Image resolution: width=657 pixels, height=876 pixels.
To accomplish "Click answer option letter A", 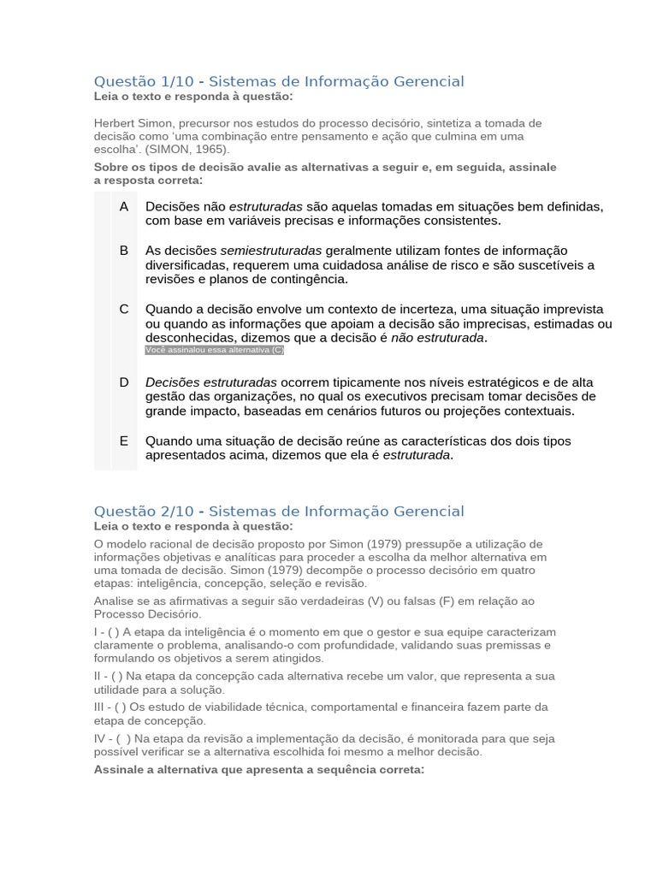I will [x=124, y=206].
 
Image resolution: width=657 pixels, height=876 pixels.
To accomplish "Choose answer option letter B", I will [x=124, y=250].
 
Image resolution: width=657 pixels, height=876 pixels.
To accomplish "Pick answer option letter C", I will [x=124, y=309].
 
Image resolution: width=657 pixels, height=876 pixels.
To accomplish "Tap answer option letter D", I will [x=124, y=382].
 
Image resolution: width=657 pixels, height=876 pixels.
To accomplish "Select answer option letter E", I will [x=124, y=441].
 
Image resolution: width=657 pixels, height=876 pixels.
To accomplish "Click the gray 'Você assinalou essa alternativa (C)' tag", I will [x=215, y=351].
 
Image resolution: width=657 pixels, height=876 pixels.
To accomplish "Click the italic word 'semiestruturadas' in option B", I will [x=271, y=251].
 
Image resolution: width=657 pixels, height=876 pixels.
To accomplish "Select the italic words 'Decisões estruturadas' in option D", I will [x=211, y=382].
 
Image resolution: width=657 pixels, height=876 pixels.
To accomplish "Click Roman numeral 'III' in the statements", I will [x=102, y=707].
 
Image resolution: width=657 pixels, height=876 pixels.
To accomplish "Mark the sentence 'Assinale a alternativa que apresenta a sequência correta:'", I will [x=259, y=770].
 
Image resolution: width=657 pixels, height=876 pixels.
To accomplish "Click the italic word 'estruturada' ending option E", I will [x=417, y=455].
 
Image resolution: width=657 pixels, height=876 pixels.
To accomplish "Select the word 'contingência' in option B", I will [x=310, y=280].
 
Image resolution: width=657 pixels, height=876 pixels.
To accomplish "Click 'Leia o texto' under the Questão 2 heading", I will [x=127, y=526].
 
